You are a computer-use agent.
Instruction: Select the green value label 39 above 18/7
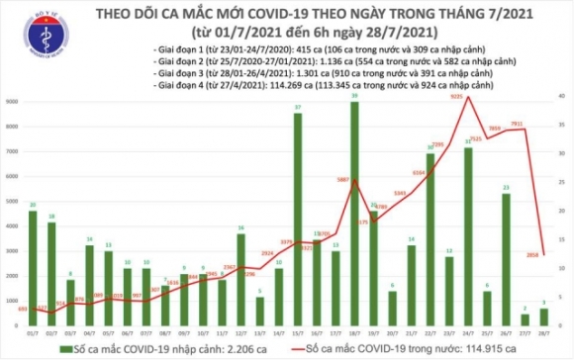[354, 94]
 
